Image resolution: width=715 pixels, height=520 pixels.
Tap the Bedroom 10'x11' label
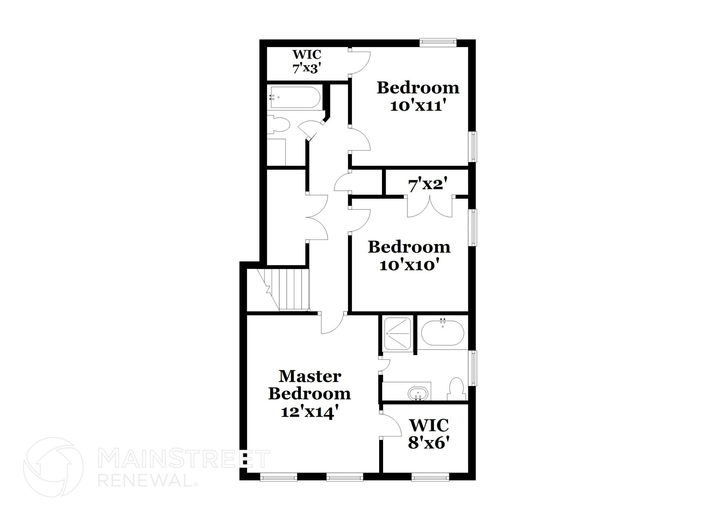(x=418, y=96)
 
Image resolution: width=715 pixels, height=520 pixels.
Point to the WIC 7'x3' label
(x=307, y=61)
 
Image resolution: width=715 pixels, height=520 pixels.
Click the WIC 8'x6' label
(x=428, y=434)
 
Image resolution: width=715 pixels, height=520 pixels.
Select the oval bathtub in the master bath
(x=442, y=333)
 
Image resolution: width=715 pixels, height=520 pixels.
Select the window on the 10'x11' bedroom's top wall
(x=438, y=42)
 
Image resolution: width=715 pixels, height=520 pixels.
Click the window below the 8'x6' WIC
(x=430, y=477)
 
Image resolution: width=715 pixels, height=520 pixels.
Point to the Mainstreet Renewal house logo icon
(x=53, y=467)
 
